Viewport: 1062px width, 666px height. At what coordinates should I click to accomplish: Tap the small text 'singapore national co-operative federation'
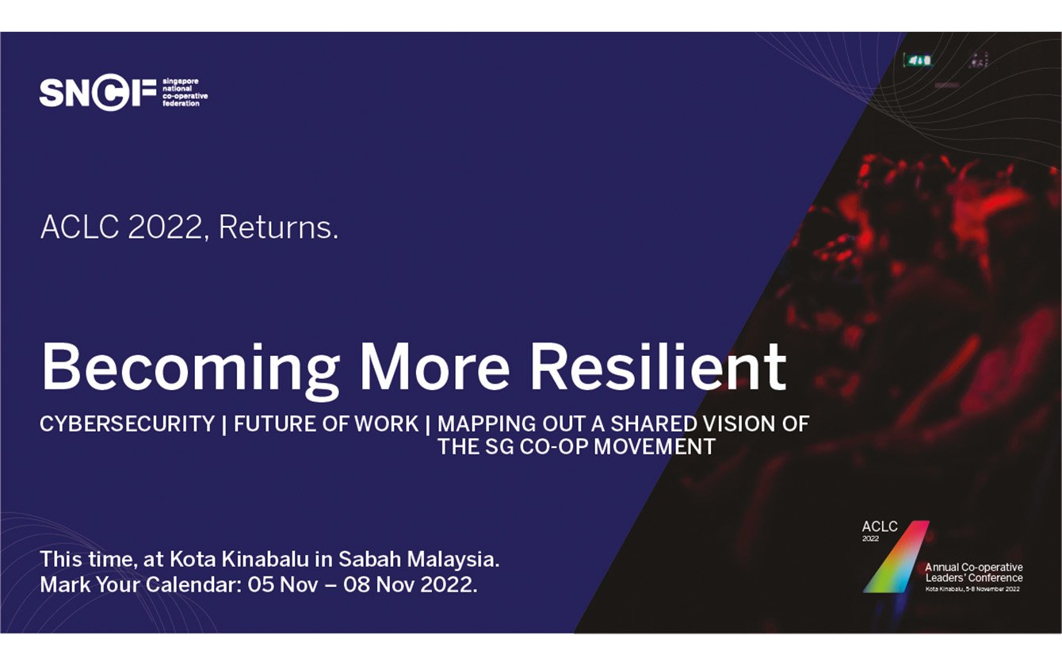click(184, 93)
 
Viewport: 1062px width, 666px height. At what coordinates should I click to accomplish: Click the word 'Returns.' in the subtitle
click(278, 228)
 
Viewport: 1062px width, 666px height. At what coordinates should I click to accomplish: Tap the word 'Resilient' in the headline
click(658, 367)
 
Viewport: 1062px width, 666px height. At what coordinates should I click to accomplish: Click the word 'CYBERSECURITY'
click(128, 424)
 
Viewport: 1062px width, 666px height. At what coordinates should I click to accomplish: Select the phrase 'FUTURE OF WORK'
click(326, 424)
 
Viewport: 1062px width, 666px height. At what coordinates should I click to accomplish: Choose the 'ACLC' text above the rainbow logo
click(880, 526)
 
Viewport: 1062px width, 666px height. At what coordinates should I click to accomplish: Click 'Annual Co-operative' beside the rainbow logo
click(973, 568)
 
